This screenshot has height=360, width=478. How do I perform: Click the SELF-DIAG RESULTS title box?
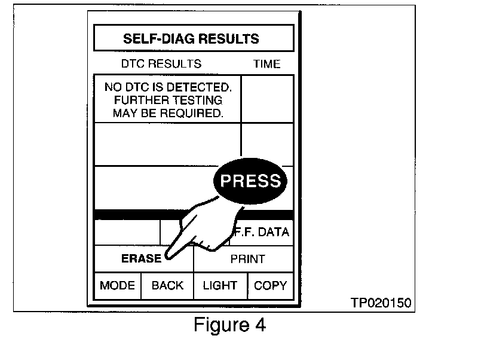(x=194, y=39)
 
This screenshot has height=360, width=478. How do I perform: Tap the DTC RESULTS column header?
(x=161, y=64)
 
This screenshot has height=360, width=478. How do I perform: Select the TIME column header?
(x=266, y=64)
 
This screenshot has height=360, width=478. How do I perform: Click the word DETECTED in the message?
(x=200, y=87)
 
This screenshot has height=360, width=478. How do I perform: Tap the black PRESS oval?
(x=251, y=181)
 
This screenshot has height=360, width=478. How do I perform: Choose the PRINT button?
(x=247, y=260)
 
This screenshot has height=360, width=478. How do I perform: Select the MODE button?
(x=117, y=286)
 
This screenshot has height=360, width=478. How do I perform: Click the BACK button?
(x=167, y=286)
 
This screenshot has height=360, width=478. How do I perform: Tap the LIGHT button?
(x=220, y=286)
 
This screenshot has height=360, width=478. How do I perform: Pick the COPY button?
(x=270, y=286)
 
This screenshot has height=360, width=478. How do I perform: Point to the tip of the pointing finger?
(x=168, y=259)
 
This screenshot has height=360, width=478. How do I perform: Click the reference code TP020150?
(x=381, y=303)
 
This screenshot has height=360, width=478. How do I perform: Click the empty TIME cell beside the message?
(x=267, y=99)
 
